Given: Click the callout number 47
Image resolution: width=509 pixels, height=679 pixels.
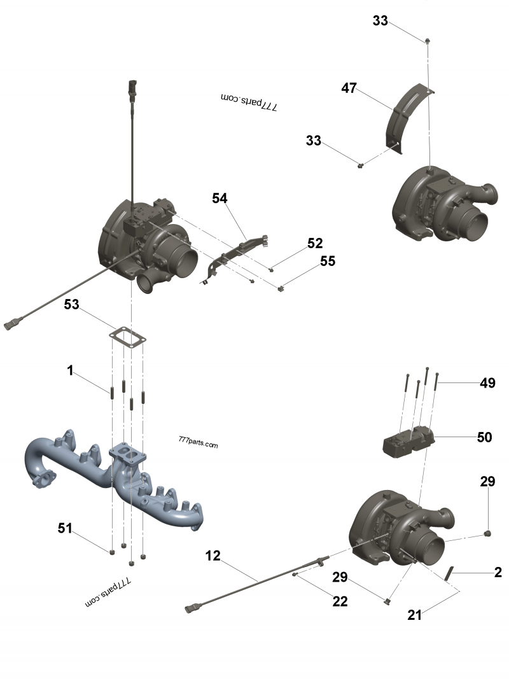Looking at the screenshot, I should (349, 88).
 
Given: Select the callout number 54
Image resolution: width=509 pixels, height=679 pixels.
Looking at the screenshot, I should (220, 199).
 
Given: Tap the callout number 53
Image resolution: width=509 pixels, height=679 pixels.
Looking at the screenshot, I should (71, 305).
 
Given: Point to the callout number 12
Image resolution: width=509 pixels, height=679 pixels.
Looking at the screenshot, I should (213, 556).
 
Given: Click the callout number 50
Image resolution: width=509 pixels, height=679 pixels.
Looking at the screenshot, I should (484, 437).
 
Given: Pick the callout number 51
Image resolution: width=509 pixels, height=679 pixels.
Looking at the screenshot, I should (64, 528).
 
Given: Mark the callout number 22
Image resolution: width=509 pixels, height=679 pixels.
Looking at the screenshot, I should (340, 601).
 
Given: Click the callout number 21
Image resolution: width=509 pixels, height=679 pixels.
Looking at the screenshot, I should (415, 615).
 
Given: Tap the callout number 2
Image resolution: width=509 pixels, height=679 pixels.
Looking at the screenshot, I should (498, 572).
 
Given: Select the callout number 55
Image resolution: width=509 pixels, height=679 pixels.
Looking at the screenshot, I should (328, 261).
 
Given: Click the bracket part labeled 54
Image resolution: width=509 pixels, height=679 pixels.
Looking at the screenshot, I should (235, 258).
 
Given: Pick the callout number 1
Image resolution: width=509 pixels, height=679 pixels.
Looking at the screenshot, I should (71, 370).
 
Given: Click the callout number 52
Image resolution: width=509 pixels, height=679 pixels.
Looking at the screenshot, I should (315, 242).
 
